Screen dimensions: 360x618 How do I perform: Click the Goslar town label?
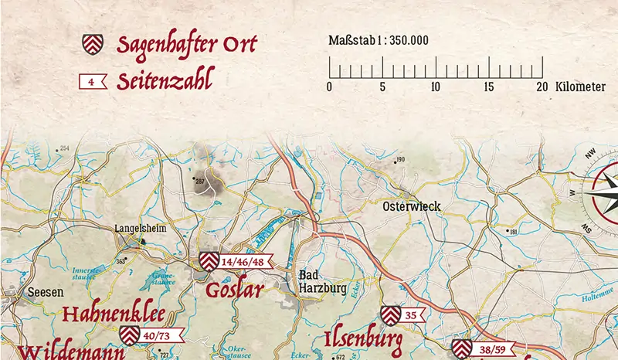pos(235,290)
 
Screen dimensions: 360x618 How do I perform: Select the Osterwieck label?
pos(412,206)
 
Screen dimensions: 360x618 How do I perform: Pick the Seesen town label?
pos(40,293)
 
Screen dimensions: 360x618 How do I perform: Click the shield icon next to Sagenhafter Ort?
pos(93,44)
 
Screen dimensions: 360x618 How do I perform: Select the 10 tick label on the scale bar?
pos(436,87)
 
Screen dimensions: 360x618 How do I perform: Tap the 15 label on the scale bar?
pos(488,87)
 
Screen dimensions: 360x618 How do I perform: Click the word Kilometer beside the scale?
pos(580,87)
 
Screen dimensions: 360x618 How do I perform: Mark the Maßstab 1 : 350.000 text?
pos(379,41)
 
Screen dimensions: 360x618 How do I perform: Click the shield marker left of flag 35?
pos(391,315)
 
